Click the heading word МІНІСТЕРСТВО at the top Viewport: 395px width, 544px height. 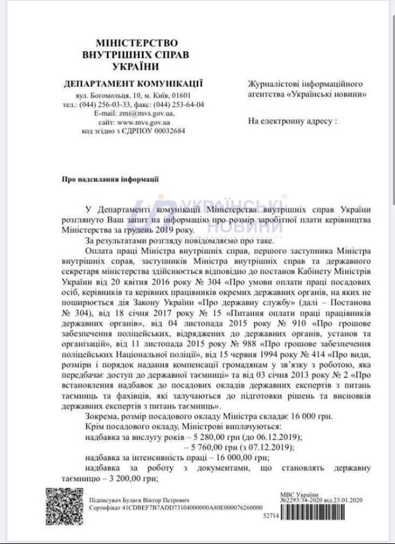(x=129, y=43)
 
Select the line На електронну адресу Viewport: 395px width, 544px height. (x=292, y=120)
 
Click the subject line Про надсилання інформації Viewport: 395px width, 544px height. (x=101, y=178)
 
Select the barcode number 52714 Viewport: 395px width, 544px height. (x=270, y=515)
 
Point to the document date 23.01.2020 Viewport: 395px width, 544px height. (x=350, y=499)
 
